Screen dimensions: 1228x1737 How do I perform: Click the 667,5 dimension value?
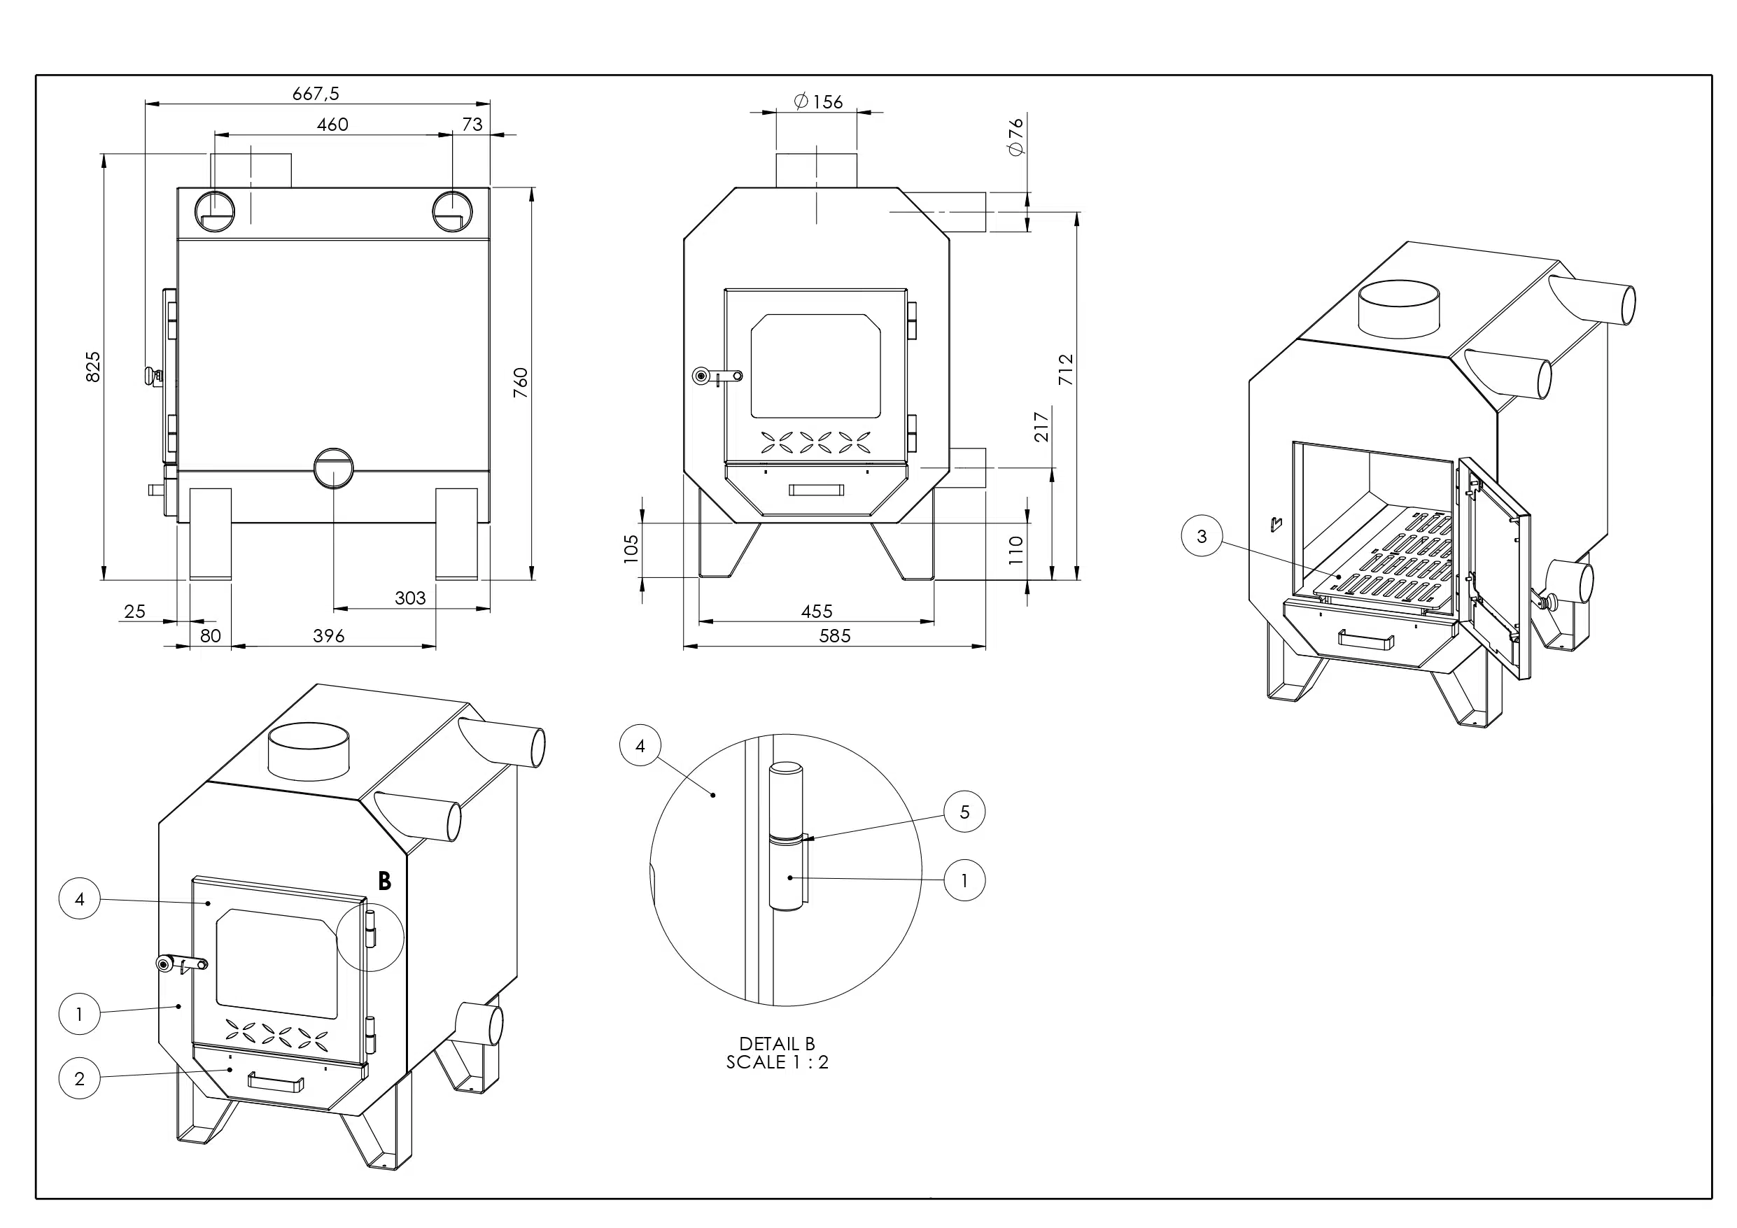pyautogui.click(x=316, y=94)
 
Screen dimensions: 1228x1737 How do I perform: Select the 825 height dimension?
pyautogui.click(x=93, y=367)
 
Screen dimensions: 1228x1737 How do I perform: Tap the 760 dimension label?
pyautogui.click(x=521, y=383)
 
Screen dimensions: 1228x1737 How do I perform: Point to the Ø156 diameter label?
pyautogui.click(x=818, y=101)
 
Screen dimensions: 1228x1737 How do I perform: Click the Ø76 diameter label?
pyautogui.click(x=1016, y=137)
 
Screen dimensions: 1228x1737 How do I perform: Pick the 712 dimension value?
pyautogui.click(x=1066, y=369)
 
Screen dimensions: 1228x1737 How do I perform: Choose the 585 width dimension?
pyautogui.click(x=834, y=636)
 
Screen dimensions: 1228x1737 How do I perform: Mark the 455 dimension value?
pyautogui.click(x=816, y=612)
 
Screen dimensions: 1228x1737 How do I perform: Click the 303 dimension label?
pyautogui.click(x=410, y=598)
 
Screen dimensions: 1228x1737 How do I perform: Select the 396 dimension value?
pyautogui.click(x=328, y=636)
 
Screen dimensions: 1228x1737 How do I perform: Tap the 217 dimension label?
pyautogui.click(x=1042, y=428)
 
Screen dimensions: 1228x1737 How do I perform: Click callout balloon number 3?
pyautogui.click(x=1202, y=537)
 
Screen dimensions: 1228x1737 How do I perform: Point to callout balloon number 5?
pyautogui.click(x=964, y=812)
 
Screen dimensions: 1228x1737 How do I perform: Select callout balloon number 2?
pyautogui.click(x=80, y=1079)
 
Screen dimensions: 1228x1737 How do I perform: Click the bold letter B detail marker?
pyautogui.click(x=384, y=882)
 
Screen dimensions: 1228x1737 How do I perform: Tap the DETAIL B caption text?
pyautogui.click(x=777, y=1044)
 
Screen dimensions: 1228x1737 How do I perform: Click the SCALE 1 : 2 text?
pyautogui.click(x=777, y=1062)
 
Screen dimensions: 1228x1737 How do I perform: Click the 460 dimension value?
pyautogui.click(x=332, y=125)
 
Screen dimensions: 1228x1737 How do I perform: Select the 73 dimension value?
pyautogui.click(x=472, y=125)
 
